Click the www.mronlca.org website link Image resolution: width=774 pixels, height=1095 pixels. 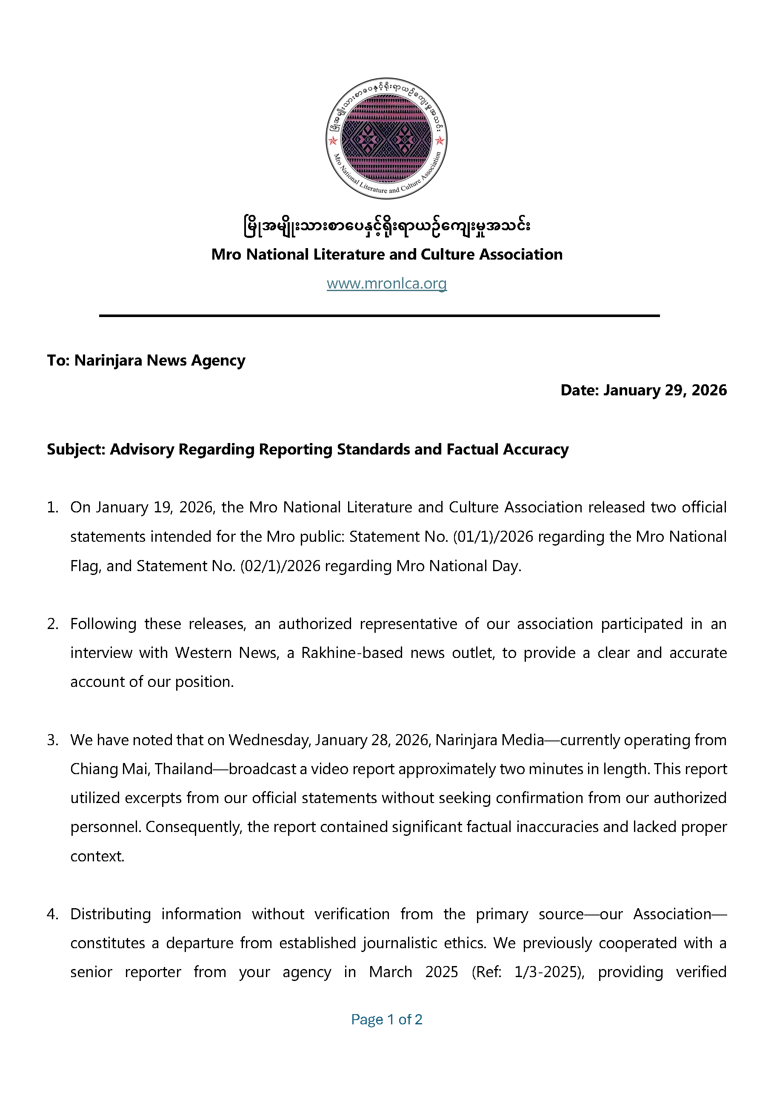coord(386,283)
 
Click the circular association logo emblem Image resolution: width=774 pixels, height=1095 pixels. coord(386,138)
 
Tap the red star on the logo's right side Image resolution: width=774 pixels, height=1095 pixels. coord(440,140)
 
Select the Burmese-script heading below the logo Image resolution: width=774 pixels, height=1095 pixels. coord(386,225)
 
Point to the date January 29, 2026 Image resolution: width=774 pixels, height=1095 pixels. coord(665,390)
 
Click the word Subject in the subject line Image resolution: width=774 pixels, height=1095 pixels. coord(76,449)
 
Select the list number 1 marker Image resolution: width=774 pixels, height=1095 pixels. coord(52,507)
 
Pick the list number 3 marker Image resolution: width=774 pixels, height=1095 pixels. coord(52,740)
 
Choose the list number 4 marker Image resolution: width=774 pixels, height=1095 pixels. coord(52,914)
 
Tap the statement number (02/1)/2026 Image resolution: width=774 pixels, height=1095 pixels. coord(280,566)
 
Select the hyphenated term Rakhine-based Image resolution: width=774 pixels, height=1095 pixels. coord(352,652)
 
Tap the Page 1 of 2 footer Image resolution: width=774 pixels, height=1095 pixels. coord(386,1019)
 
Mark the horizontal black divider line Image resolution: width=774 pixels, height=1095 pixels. coord(379,316)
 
